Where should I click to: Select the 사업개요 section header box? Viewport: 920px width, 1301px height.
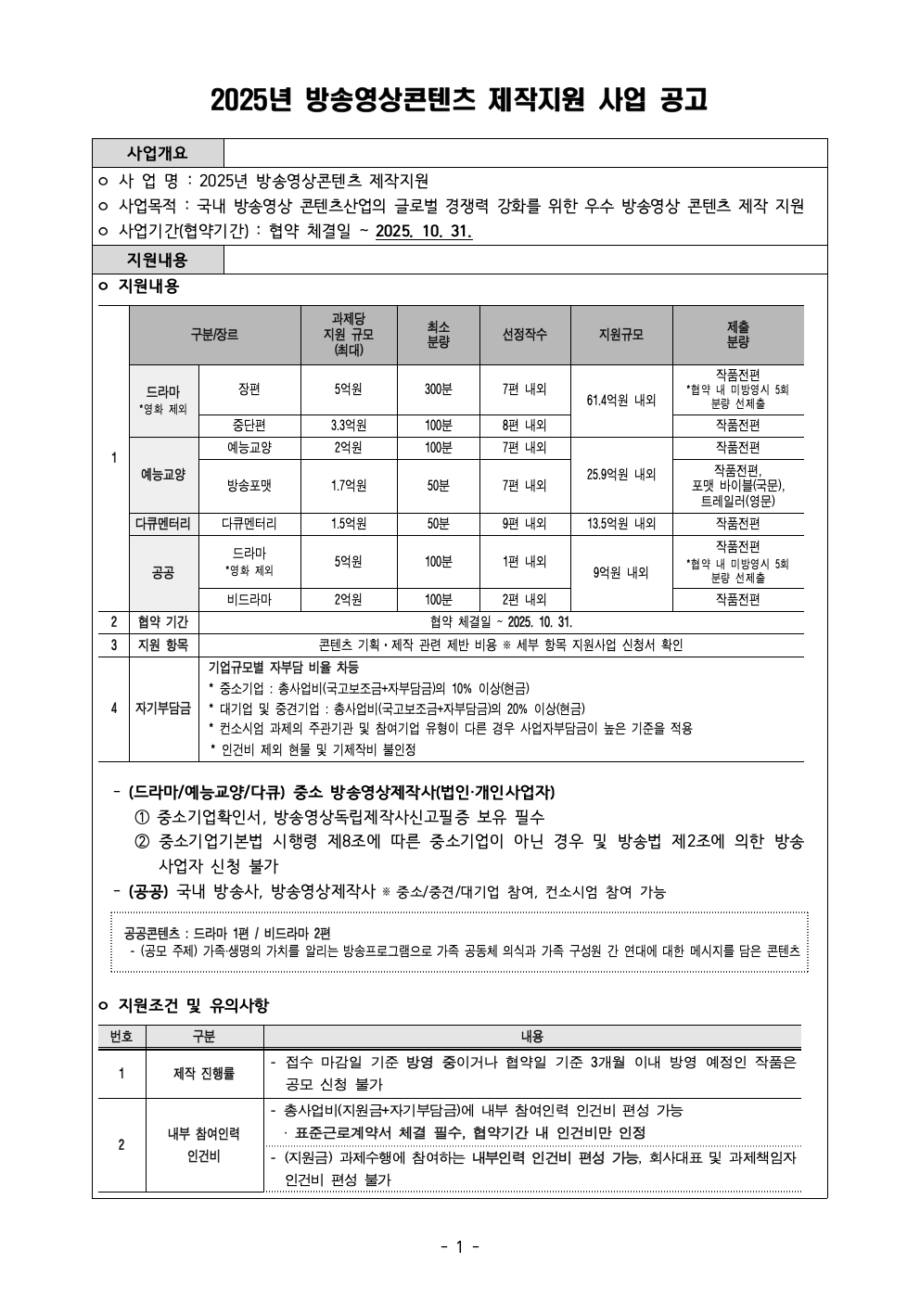[158, 153]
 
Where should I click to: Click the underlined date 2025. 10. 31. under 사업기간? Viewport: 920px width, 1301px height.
[424, 232]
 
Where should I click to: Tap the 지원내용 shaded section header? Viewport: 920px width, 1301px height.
[158, 260]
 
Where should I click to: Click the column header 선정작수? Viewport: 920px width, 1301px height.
[525, 335]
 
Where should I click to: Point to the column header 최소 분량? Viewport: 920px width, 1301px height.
[439, 335]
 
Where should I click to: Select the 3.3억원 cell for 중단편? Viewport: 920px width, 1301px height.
[349, 426]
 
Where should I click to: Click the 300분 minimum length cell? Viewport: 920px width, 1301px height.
[439, 389]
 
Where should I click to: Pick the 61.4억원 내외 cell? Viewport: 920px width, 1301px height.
[621, 401]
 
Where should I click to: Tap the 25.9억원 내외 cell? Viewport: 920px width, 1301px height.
[621, 474]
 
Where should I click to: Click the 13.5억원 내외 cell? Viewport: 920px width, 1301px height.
[621, 524]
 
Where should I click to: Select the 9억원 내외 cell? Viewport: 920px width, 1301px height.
[621, 573]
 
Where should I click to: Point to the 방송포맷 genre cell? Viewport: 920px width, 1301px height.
[249, 485]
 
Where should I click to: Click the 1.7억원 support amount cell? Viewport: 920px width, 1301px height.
[349, 485]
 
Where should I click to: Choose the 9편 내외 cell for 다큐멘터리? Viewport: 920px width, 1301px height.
[525, 524]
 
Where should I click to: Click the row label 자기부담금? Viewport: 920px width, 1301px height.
[163, 708]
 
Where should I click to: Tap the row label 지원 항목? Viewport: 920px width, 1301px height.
[163, 645]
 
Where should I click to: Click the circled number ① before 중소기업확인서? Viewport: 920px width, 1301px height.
[142, 818]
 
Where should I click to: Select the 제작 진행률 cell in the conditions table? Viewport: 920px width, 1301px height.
[204, 1074]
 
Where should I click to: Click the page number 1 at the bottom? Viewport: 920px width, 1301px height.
[460, 1247]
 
